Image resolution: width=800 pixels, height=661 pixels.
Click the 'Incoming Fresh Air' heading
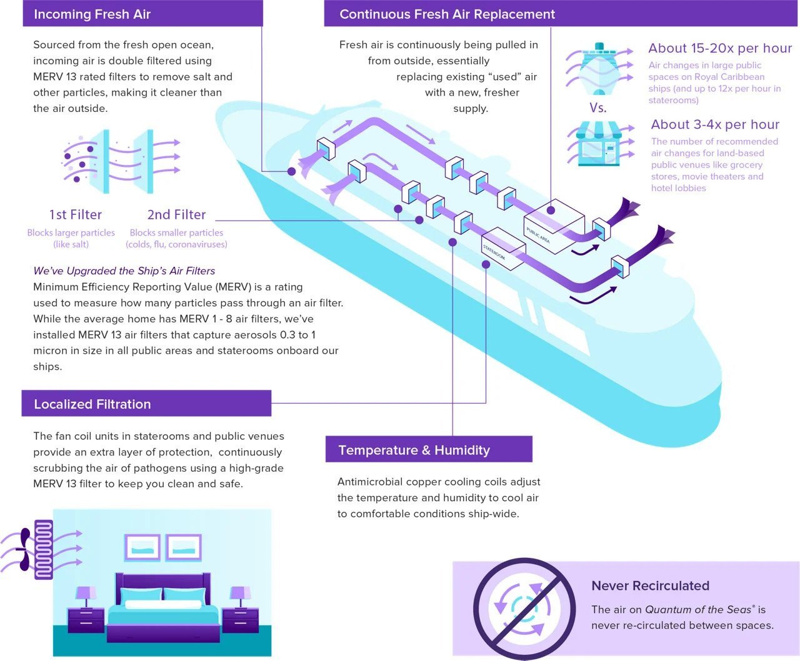tap(92, 14)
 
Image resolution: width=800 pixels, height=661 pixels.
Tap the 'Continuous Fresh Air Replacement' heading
tap(447, 14)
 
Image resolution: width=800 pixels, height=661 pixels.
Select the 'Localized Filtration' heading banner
tap(146, 403)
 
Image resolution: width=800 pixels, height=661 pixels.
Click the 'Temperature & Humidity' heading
tap(414, 450)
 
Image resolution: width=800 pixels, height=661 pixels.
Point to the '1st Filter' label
tap(76, 214)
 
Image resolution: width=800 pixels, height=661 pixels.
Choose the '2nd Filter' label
tap(177, 214)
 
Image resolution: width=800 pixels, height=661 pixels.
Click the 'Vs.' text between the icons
tap(597, 107)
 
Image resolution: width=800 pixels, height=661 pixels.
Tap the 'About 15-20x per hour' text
tap(720, 48)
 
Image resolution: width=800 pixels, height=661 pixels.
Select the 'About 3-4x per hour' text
tap(715, 124)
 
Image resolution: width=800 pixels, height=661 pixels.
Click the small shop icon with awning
tap(599, 144)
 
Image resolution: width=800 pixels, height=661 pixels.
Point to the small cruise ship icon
tap(599, 69)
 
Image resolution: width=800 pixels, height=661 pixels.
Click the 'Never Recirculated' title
tap(650, 585)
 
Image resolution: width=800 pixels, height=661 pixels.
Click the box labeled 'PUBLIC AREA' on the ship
tap(554, 227)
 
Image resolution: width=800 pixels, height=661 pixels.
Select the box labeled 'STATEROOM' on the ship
tap(504, 249)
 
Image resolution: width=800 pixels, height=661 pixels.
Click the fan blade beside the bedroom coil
tap(24, 549)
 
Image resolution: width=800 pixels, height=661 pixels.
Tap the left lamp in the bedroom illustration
tap(86, 597)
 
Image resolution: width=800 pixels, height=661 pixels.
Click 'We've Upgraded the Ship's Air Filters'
tap(124, 271)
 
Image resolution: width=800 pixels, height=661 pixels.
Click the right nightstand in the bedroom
tap(240, 620)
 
